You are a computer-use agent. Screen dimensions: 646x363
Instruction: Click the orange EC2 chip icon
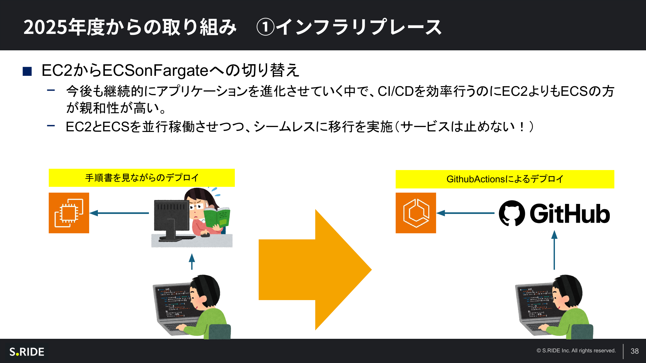click(69, 213)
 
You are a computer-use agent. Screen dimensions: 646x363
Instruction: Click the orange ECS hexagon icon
click(416, 213)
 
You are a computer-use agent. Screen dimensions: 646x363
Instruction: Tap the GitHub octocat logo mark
click(512, 213)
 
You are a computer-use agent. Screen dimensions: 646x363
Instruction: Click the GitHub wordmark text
click(570, 214)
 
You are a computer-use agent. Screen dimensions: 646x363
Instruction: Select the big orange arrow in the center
click(315, 270)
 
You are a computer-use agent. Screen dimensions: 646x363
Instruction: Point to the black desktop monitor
click(172, 221)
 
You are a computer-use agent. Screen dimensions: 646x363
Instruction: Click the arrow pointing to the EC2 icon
click(119, 213)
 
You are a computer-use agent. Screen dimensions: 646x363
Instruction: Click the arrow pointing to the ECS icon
click(465, 213)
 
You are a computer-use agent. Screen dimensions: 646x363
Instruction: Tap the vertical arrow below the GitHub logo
click(554, 250)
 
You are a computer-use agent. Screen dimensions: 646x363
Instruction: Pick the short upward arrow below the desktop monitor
click(192, 261)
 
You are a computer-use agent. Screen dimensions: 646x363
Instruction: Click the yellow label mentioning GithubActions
click(505, 179)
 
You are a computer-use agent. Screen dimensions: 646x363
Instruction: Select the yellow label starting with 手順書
click(142, 178)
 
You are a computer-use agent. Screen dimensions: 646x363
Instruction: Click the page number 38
click(635, 351)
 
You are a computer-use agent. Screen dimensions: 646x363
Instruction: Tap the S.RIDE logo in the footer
click(27, 352)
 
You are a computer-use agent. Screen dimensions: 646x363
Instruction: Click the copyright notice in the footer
click(576, 351)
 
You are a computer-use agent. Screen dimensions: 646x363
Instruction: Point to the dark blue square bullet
click(27, 71)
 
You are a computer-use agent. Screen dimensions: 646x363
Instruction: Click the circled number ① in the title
click(265, 27)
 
